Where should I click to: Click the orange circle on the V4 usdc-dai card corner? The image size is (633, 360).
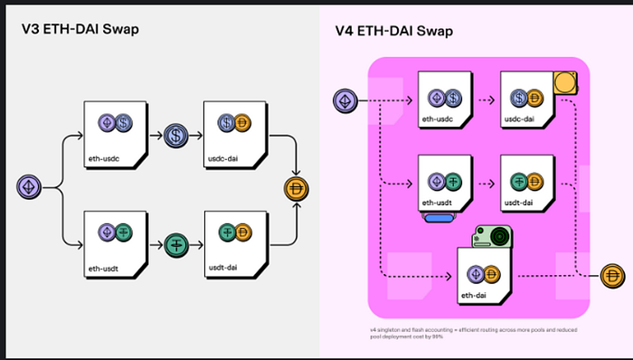point(566,84)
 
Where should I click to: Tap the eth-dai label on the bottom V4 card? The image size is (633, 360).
point(474,293)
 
